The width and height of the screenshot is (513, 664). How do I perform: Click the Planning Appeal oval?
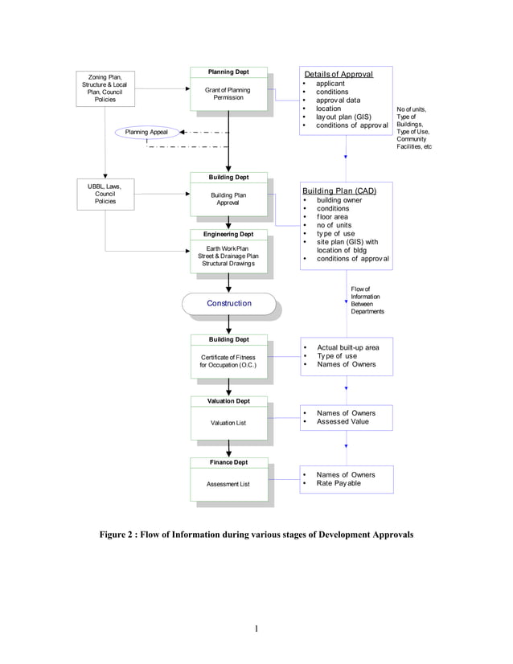coord(146,132)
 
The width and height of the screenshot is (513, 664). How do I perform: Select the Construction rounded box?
coord(229,303)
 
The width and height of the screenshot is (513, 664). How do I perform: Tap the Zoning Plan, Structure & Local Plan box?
coord(105,88)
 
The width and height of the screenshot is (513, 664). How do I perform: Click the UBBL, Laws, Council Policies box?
coord(105,194)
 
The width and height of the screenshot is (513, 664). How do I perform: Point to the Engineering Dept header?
coord(229,234)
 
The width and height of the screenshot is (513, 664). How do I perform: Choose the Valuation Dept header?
coord(228,400)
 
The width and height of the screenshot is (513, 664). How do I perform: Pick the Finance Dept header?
coord(228,462)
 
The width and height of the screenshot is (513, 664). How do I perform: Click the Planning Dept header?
coord(228,72)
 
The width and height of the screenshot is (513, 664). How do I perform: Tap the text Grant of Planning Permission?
coord(228,94)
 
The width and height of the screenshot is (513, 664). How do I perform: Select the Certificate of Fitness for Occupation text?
coord(228,361)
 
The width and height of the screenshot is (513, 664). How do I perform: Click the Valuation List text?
coord(228,422)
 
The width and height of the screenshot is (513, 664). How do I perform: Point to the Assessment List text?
coord(228,484)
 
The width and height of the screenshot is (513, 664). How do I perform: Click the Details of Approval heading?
coord(338,74)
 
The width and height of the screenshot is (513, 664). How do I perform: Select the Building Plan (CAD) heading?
coord(339,191)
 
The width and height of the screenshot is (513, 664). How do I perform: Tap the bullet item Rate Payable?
coord(339,484)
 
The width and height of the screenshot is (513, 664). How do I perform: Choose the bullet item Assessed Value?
coord(343,421)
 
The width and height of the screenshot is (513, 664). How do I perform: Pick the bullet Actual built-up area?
coord(348,347)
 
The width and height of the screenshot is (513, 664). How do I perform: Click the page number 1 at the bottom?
coord(256,629)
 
